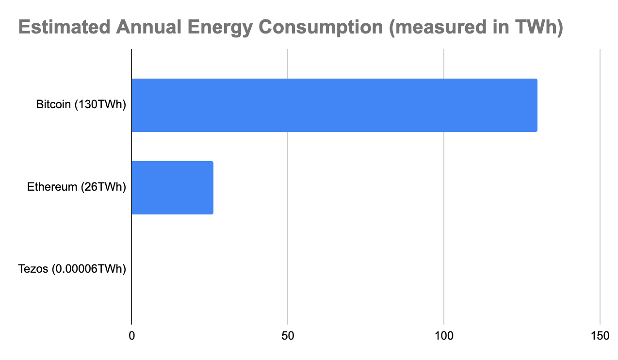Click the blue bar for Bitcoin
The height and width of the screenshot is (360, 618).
[x=334, y=105]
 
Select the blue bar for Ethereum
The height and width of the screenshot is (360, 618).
[x=172, y=187]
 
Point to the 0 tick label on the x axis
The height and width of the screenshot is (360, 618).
[x=131, y=336]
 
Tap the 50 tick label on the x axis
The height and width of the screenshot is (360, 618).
[x=288, y=336]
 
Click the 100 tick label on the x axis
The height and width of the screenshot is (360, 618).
[x=444, y=336]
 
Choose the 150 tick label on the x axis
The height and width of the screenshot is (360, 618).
[x=600, y=336]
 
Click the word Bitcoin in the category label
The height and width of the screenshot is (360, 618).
[x=53, y=104]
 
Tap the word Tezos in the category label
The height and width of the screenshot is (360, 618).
[x=33, y=269]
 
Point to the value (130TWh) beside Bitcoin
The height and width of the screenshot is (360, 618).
[x=100, y=104]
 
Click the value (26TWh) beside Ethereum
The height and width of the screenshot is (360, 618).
[x=103, y=187]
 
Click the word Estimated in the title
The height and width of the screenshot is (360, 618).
[x=65, y=28]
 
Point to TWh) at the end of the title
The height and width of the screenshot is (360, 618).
[x=541, y=28]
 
